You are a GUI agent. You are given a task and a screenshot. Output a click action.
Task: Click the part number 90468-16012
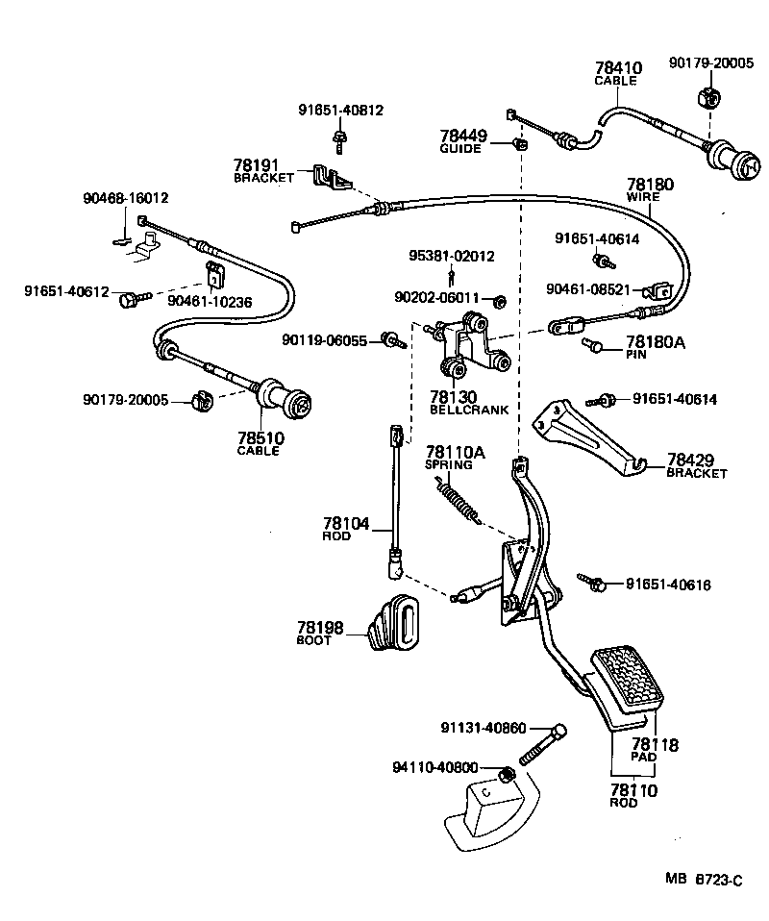125,198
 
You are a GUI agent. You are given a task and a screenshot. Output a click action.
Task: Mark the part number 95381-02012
452,256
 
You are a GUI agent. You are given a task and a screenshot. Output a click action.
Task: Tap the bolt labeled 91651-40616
591,582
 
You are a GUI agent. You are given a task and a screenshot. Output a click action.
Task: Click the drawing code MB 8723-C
706,879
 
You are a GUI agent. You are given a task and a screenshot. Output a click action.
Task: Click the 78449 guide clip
520,144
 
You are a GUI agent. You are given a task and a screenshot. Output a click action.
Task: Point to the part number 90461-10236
210,301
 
